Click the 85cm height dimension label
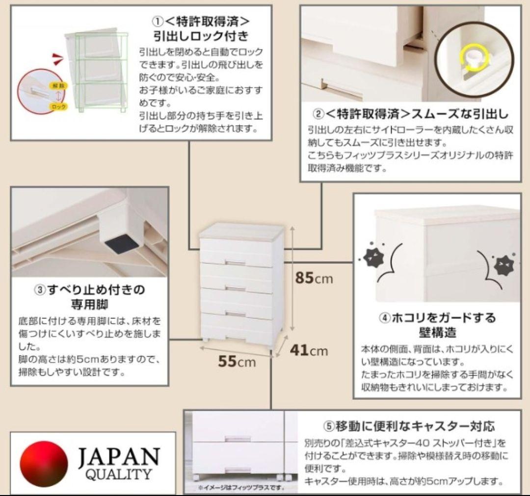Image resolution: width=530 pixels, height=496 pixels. [314, 278]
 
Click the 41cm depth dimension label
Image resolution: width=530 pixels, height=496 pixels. [308, 350]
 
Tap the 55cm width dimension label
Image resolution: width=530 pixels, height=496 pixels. [237, 362]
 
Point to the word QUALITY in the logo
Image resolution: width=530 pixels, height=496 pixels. [118, 474]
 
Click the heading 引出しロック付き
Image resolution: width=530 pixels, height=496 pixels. [201, 36]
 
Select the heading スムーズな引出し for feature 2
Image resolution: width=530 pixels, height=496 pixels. [459, 114]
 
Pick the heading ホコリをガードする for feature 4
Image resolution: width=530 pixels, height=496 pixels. [438, 317]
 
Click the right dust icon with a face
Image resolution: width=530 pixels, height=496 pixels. [502, 265]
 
